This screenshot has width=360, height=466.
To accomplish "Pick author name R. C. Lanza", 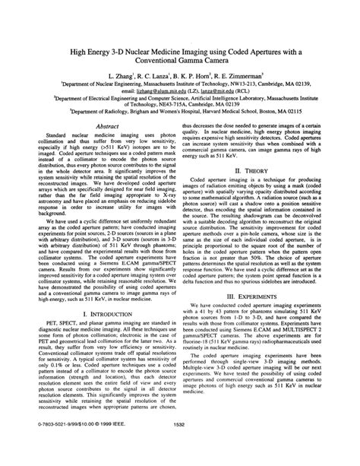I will point(157,78).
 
